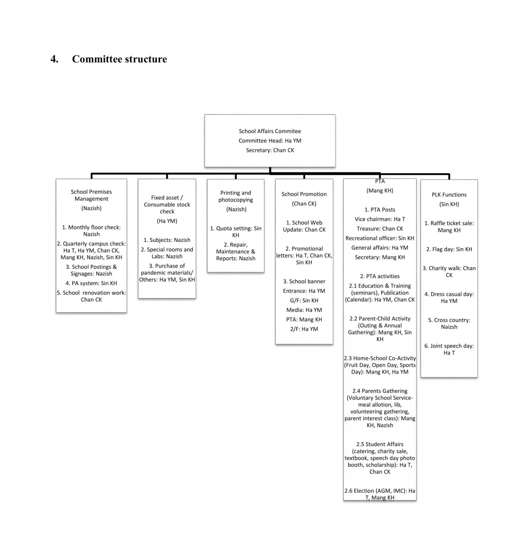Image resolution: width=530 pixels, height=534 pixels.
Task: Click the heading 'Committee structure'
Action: (119, 59)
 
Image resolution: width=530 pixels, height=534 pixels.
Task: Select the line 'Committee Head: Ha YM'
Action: (270, 141)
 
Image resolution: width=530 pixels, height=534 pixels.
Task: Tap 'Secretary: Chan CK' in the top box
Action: (270, 150)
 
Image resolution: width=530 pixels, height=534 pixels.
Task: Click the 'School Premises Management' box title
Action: (91, 195)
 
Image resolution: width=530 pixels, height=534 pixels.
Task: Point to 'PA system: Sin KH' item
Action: (91, 283)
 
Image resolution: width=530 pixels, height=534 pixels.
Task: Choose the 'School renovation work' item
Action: (91, 296)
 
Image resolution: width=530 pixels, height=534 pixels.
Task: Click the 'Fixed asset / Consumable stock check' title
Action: (167, 205)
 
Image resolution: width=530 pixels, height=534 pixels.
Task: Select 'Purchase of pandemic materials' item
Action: (167, 273)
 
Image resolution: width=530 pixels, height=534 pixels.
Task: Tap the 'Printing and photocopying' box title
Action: (236, 196)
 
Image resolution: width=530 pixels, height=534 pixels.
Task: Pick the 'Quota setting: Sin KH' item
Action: (236, 232)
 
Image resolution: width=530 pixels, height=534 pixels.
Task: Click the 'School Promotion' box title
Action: (304, 194)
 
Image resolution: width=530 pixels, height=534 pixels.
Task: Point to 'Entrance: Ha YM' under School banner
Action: (304, 291)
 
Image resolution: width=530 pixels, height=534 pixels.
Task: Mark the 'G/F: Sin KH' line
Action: (304, 300)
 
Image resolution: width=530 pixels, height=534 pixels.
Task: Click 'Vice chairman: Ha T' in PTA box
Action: (380, 219)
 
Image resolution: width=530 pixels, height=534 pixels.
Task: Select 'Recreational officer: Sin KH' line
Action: (380, 238)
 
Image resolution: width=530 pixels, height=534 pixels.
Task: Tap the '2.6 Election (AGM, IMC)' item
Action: (380, 494)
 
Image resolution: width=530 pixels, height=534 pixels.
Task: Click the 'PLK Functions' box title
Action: (449, 195)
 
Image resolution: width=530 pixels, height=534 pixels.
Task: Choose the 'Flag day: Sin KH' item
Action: (449, 249)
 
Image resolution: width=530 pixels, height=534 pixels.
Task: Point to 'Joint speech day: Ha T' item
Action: (449, 349)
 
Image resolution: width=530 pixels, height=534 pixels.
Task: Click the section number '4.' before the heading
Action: (55, 59)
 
